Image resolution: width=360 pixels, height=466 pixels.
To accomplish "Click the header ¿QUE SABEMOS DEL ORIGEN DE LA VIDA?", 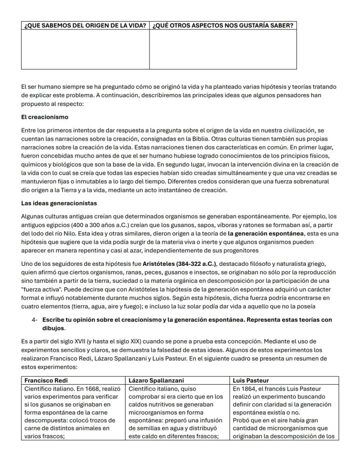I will [85, 25].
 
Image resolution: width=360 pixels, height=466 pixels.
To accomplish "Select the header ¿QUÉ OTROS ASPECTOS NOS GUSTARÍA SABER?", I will [223, 25].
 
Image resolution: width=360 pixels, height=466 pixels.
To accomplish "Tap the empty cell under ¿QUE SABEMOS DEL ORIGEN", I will [85, 49].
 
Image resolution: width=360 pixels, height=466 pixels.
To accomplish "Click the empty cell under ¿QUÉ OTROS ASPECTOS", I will [223, 49].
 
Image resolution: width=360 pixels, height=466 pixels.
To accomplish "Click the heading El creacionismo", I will [45, 117].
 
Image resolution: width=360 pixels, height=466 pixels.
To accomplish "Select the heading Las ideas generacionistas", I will [59, 203].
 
